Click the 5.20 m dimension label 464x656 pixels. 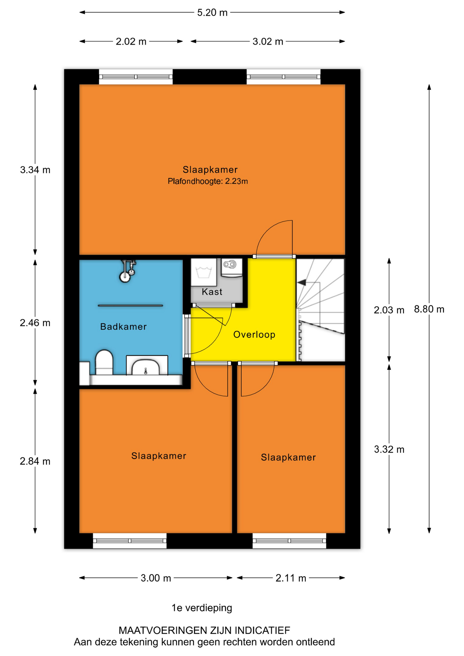(212, 13)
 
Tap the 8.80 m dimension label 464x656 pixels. (429, 309)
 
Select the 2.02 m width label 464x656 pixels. (131, 42)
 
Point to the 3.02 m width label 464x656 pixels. (268, 42)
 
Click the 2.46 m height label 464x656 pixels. (35, 323)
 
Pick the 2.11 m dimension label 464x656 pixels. (291, 578)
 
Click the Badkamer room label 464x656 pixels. (123, 327)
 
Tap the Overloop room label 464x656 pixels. (254, 334)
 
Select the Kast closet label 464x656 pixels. (212, 292)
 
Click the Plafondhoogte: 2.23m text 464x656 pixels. (208, 181)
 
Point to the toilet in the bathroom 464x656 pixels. (104, 362)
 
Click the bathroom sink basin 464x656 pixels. (146, 367)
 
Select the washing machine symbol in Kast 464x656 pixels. (203, 272)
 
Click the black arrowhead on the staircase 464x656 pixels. (301, 283)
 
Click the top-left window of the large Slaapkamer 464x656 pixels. (136, 77)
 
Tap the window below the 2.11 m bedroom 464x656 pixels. (289, 541)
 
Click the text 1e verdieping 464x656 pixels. (202, 608)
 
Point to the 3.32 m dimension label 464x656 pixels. (389, 449)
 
